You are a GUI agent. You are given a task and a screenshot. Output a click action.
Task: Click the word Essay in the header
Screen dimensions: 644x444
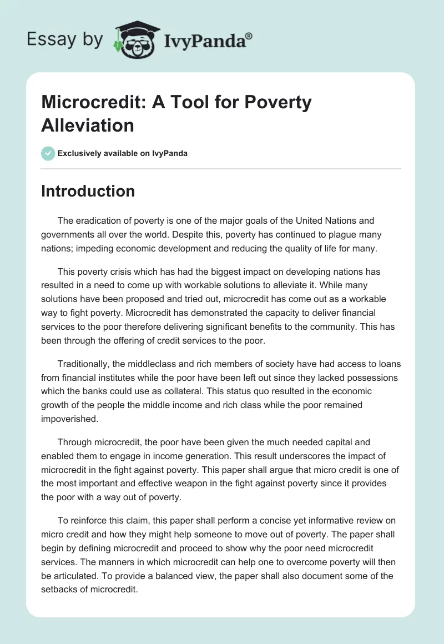pyautogui.click(x=46, y=39)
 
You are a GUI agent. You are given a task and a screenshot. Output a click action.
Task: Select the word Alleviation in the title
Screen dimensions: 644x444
pyautogui.click(x=88, y=125)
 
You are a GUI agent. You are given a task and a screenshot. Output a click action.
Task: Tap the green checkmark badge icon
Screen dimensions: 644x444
pyautogui.click(x=48, y=153)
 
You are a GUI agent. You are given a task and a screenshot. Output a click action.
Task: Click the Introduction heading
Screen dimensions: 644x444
pyautogui.click(x=88, y=191)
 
